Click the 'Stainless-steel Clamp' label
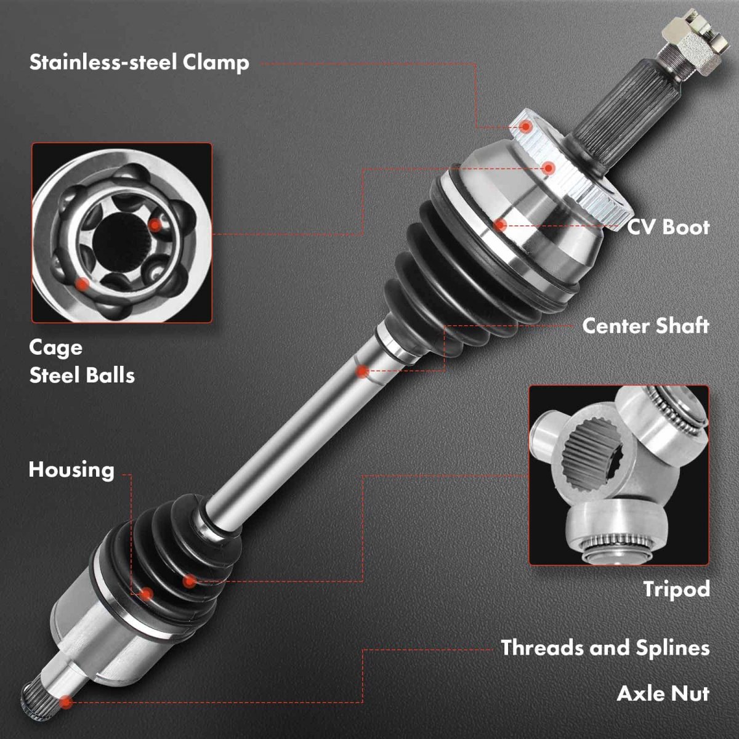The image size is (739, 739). [x=139, y=63]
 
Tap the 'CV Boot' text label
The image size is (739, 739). [x=668, y=227]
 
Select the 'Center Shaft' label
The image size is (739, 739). [x=646, y=326]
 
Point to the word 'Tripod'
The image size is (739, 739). [x=676, y=590]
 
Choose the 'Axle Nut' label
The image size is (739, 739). [x=663, y=693]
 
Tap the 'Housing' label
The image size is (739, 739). [x=71, y=470]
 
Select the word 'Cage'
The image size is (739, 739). [x=55, y=348]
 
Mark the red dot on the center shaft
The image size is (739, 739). [x=362, y=371]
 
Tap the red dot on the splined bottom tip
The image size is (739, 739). [x=65, y=702]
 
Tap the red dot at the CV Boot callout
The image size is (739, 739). [x=500, y=225]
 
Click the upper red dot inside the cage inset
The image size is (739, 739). [x=155, y=225]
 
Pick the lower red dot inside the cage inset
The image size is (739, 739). [x=82, y=284]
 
